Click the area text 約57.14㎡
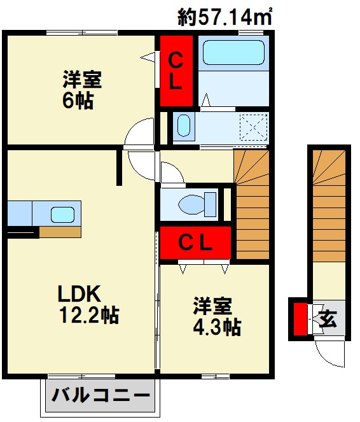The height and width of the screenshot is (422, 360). [225, 16]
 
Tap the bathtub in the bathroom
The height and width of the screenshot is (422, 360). [233, 52]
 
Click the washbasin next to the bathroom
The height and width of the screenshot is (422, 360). [184, 125]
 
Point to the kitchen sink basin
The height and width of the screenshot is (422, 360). [63, 215]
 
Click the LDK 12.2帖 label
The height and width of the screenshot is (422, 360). [88, 304]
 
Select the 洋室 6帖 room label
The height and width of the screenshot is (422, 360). [82, 90]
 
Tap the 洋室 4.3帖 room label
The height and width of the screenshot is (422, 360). [217, 316]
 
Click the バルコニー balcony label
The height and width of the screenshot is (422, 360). [100, 395]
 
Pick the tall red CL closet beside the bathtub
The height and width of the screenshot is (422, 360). [176, 71]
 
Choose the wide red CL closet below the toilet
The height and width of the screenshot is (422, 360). [195, 243]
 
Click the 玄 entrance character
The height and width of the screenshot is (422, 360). [328, 319]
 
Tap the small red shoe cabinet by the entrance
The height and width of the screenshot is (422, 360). [300, 319]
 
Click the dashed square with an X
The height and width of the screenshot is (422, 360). [254, 127]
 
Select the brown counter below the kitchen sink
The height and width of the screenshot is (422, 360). [60, 232]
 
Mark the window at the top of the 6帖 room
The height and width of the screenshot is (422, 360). [82, 33]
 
